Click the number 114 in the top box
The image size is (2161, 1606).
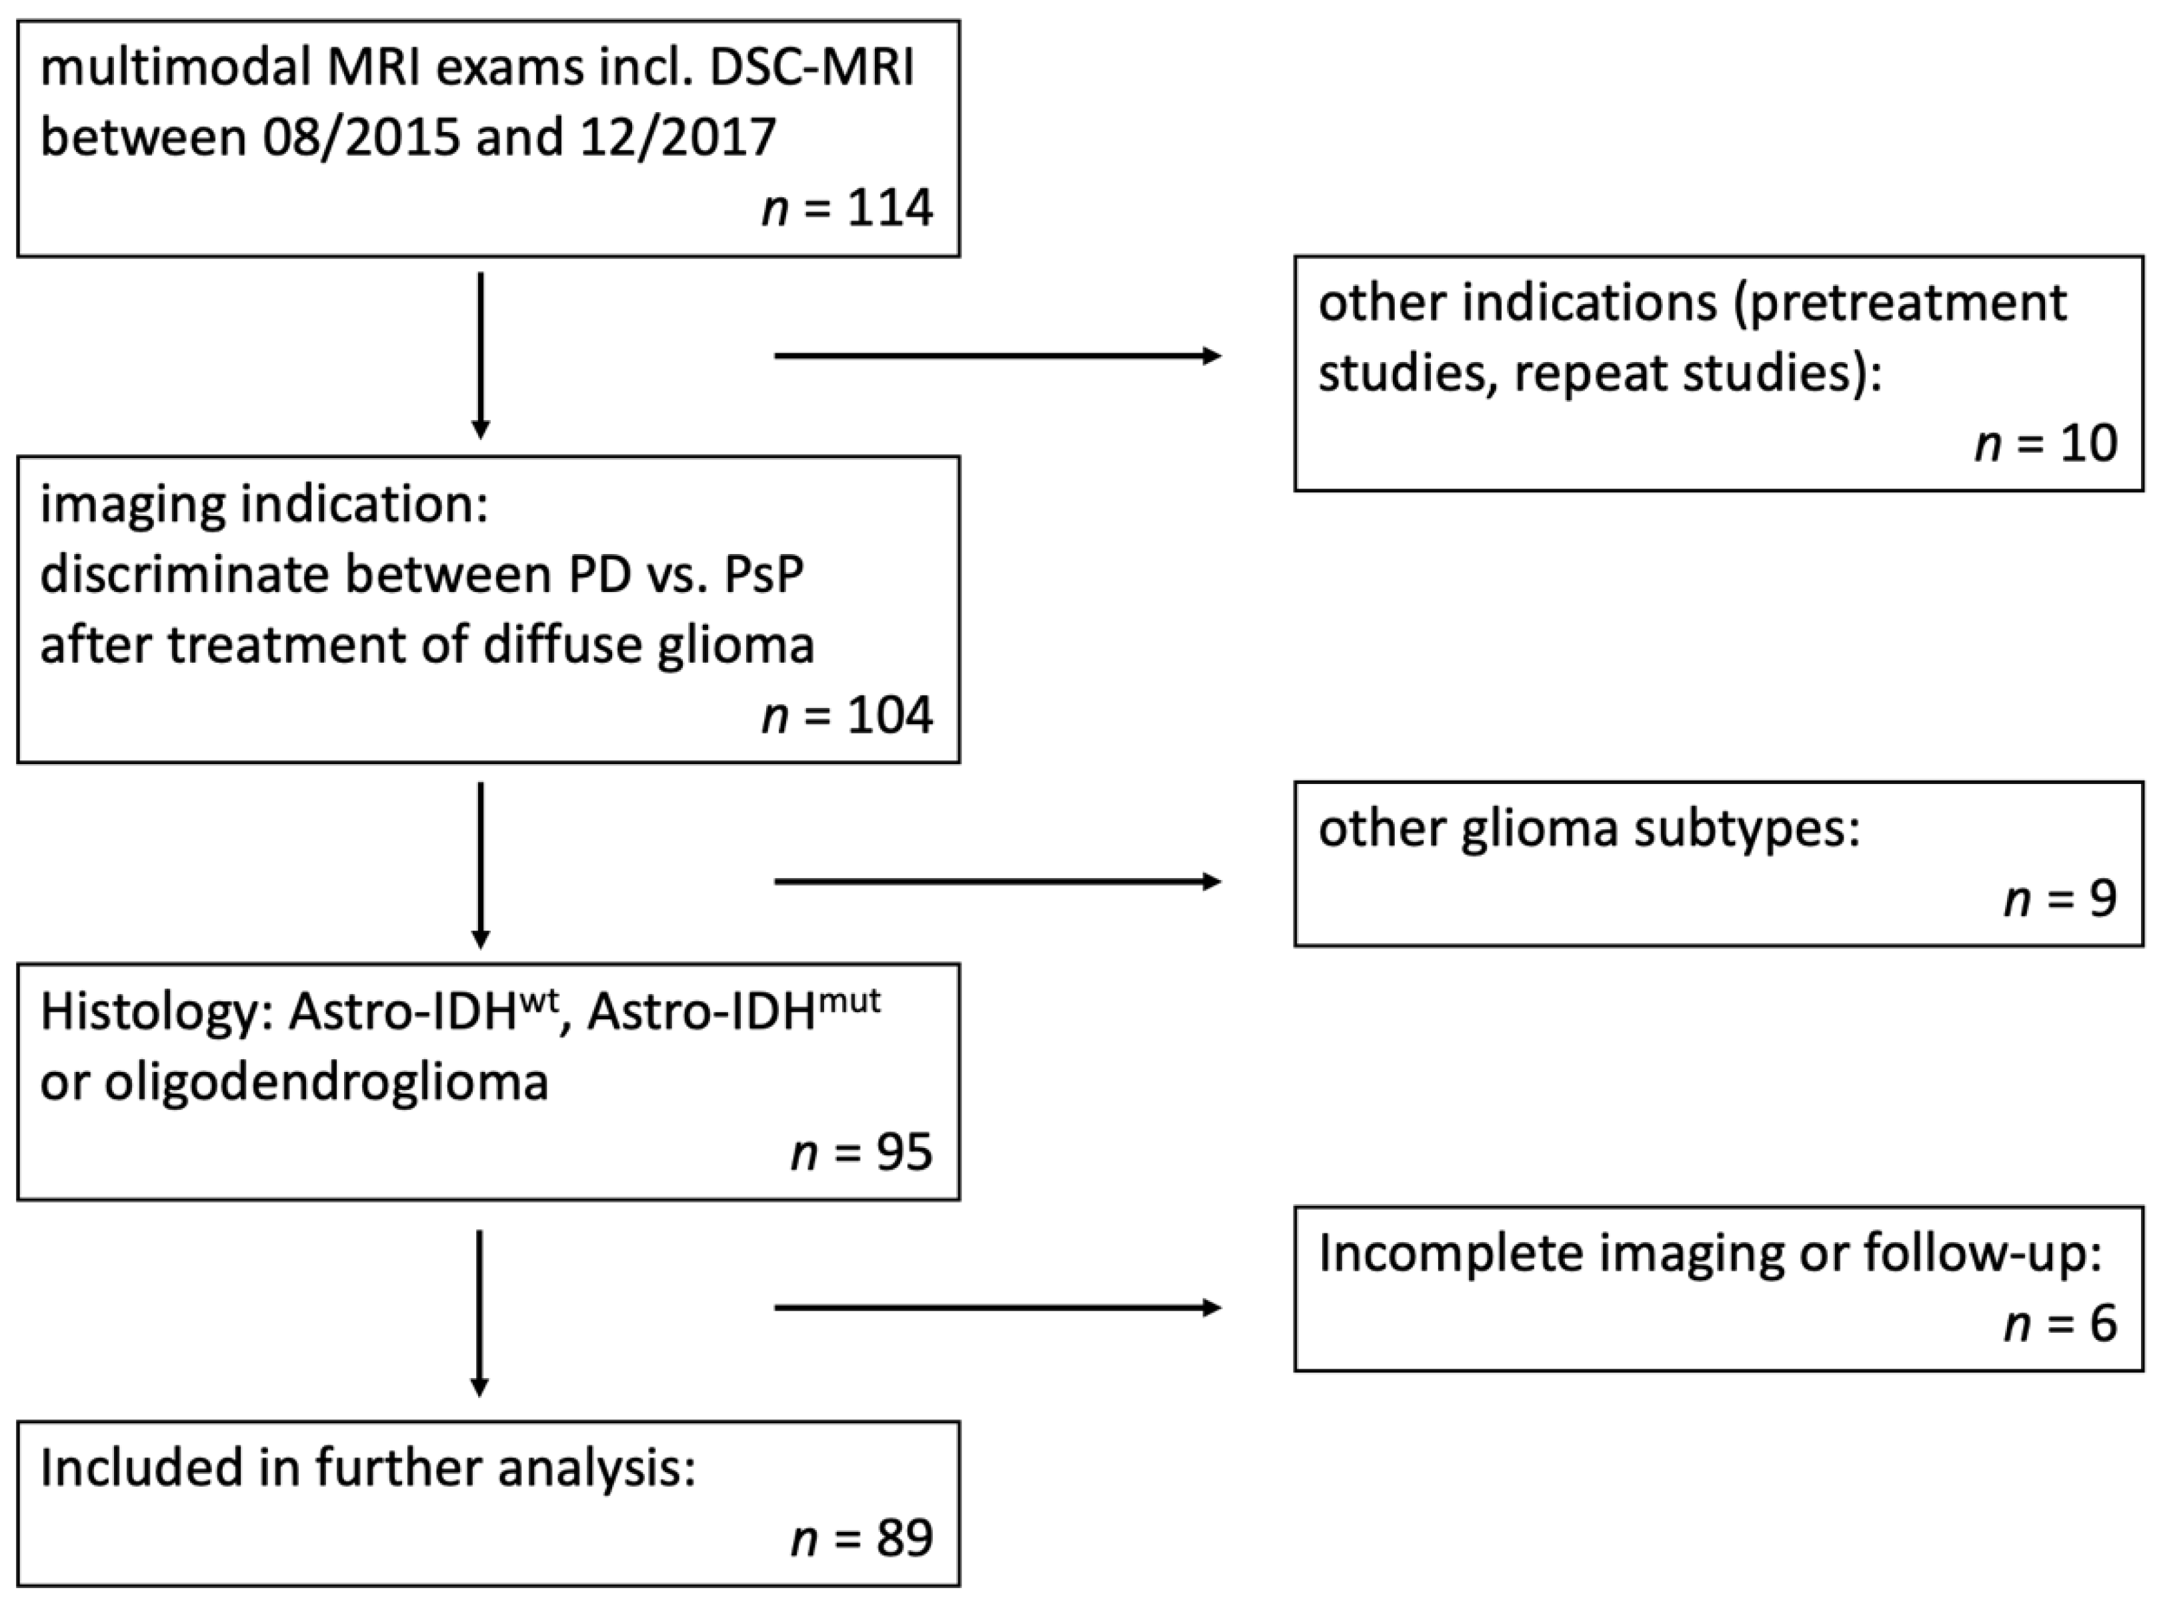tap(889, 208)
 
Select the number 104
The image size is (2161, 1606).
tap(889, 715)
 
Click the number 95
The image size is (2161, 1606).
tap(903, 1153)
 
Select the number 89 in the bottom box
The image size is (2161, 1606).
tap(903, 1539)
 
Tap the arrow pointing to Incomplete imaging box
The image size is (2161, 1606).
tap(996, 1307)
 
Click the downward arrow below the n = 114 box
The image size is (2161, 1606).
tap(480, 355)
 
